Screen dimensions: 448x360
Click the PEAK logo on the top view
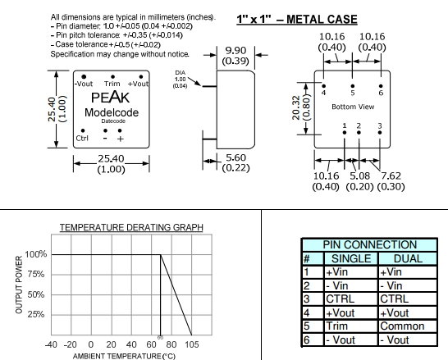pos(110,98)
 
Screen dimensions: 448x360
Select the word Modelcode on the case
pos(112,112)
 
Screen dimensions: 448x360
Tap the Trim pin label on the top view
pos(112,84)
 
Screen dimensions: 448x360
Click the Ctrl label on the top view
pos(82,138)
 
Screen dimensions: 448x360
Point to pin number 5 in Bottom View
pos(353,93)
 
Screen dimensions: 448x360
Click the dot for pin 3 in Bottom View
pos(380,133)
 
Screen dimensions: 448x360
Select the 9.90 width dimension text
pos(235,51)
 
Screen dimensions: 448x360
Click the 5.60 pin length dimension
pos(235,157)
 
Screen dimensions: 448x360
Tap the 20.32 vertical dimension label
pos(296,107)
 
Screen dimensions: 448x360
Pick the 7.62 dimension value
pos(391,175)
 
